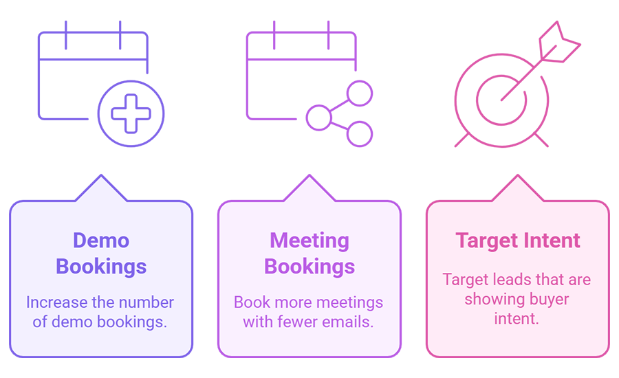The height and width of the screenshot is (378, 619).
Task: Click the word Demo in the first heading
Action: coord(101,241)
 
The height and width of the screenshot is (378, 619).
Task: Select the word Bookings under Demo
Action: coord(101,266)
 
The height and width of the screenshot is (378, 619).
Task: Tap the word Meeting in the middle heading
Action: coord(309,241)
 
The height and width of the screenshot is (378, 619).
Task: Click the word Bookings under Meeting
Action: coord(309,266)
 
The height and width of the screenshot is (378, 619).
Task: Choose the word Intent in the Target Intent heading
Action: coord(552,241)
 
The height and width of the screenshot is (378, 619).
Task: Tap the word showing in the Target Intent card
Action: coord(491,299)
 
